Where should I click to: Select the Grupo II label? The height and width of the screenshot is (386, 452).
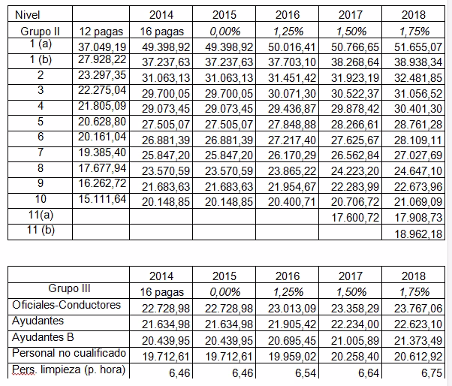point(40,31)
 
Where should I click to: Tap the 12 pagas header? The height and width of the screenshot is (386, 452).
point(101,32)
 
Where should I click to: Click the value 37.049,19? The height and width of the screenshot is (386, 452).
point(102,47)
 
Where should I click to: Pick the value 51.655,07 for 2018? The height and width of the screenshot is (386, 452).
point(418,47)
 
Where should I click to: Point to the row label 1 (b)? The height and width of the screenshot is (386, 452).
point(41,59)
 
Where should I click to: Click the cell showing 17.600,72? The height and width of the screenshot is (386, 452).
point(355,217)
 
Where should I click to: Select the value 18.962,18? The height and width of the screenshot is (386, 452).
point(418,234)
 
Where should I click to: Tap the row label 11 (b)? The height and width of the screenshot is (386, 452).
point(41,230)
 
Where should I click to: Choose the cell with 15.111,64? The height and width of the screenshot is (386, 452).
point(102,198)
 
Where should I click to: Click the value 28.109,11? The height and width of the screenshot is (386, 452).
point(418,140)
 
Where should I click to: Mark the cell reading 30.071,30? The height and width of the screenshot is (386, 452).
point(292,94)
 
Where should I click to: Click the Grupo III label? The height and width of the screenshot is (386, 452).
point(69,288)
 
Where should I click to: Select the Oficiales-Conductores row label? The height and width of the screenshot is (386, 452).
point(66,305)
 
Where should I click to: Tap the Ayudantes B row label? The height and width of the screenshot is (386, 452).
point(43,337)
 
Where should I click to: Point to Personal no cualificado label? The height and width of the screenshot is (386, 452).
point(69,353)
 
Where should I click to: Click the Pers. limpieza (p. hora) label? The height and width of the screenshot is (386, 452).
point(68,369)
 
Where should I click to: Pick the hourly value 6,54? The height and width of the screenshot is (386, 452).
point(306,373)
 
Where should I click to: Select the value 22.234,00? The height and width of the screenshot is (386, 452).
point(355,324)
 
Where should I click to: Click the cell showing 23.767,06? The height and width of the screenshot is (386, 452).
point(418,309)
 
